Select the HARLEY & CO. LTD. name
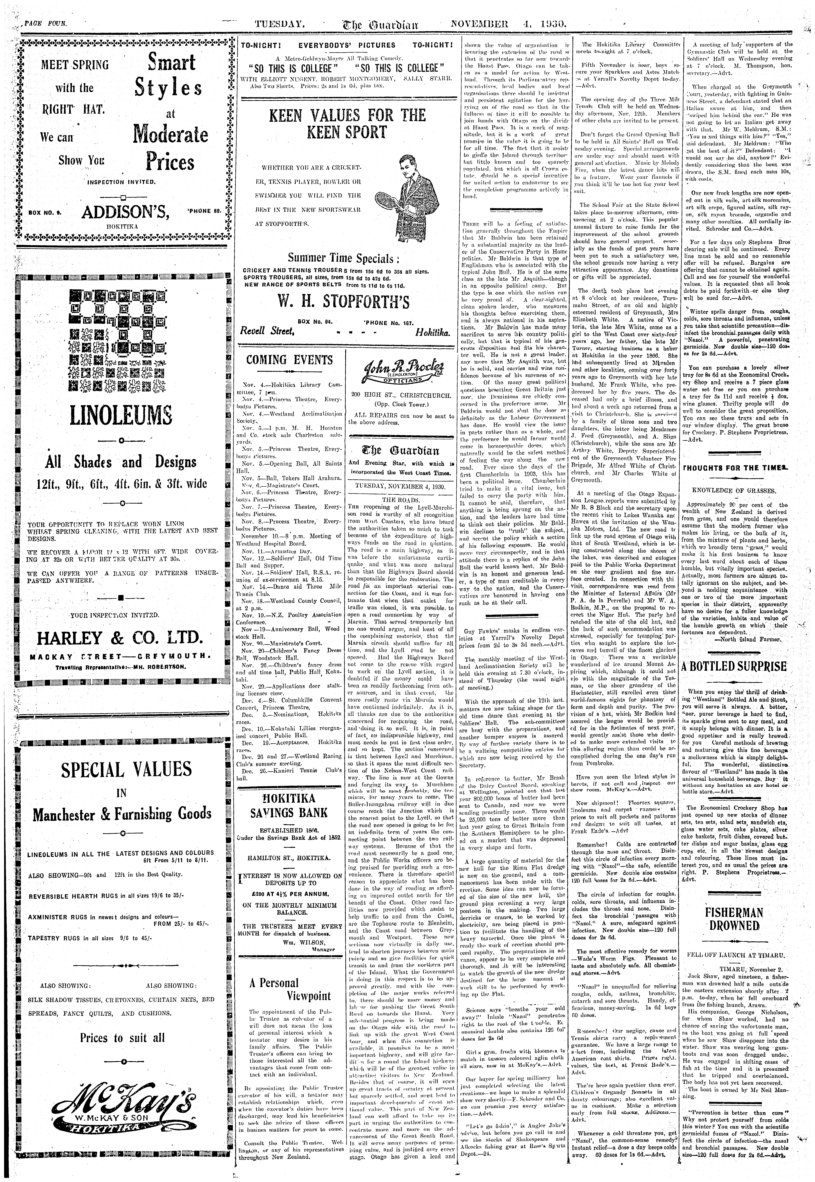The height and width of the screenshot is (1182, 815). [121, 638]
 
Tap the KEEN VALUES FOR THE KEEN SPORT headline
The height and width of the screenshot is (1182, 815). [347, 124]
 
